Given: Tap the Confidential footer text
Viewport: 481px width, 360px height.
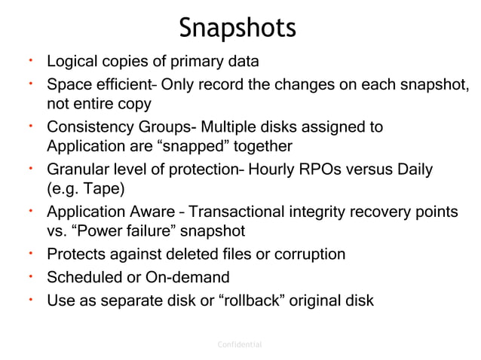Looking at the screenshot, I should coord(239,344).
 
